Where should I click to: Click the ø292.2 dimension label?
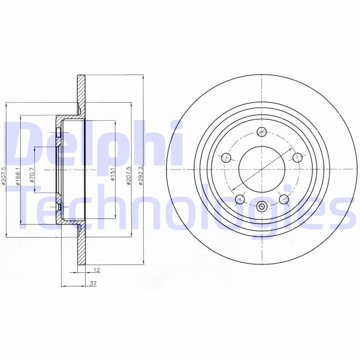(140, 170)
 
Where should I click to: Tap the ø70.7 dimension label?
(31, 174)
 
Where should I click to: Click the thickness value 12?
(96, 270)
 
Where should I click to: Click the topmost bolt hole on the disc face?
(261, 131)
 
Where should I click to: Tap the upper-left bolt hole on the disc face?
(226, 157)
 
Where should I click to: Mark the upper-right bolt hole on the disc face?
(297, 157)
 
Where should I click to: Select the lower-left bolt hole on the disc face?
(240, 198)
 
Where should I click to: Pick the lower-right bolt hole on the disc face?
(283, 198)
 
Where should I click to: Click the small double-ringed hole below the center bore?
(262, 207)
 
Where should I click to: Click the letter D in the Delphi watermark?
(22, 143)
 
